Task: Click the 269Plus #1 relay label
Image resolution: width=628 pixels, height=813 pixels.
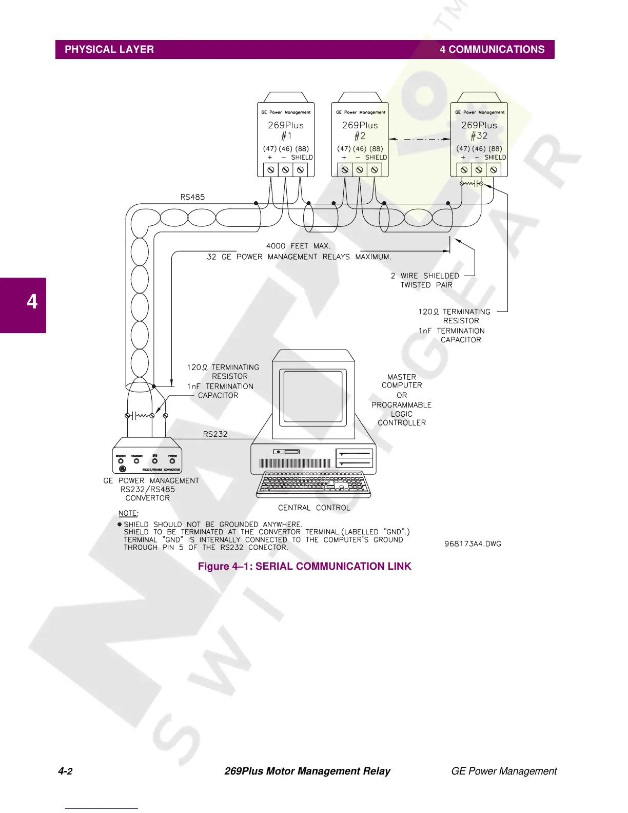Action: pos(286,125)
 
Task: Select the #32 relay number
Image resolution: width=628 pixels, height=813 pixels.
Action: pos(479,136)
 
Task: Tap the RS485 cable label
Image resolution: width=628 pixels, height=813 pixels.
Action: pos(192,197)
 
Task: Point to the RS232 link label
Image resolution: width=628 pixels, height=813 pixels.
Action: pos(215,434)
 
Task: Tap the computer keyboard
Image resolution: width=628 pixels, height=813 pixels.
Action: pos(313,485)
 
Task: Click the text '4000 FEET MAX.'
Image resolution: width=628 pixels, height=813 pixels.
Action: pos(298,246)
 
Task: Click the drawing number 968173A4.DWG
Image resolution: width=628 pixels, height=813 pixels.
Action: pos(473,544)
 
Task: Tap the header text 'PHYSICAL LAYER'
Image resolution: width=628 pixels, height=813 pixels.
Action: pos(109,50)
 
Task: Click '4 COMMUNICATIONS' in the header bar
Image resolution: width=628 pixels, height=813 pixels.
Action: pos(492,50)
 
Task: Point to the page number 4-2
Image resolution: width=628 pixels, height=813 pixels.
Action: pos(65,771)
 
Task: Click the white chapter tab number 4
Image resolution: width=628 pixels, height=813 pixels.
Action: pos(32,301)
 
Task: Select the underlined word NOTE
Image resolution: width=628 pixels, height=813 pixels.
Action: pos(128,514)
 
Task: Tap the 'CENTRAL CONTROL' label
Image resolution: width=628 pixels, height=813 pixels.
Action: pos(314,508)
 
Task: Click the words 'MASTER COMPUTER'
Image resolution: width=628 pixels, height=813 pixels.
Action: pos(402,381)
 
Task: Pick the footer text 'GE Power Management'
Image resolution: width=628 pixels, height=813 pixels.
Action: pos(503,771)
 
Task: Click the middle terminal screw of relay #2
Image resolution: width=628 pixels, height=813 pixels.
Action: pos(360,170)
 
